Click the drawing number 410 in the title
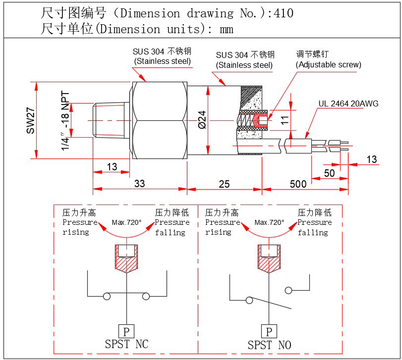click(x=283, y=13)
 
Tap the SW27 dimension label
click(x=31, y=121)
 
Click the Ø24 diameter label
click(x=202, y=120)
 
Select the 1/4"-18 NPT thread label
click(x=65, y=121)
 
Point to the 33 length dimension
click(x=140, y=184)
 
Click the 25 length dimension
click(x=224, y=184)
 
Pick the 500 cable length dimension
click(x=298, y=184)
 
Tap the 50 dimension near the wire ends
click(x=329, y=173)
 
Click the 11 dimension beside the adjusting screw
click(x=284, y=119)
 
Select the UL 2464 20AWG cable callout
click(x=348, y=103)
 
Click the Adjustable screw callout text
click(x=328, y=64)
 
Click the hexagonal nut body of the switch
click(x=159, y=121)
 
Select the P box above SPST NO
click(x=269, y=331)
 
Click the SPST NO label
click(x=269, y=345)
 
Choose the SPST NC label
click(x=126, y=344)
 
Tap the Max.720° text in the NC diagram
click(x=126, y=222)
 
